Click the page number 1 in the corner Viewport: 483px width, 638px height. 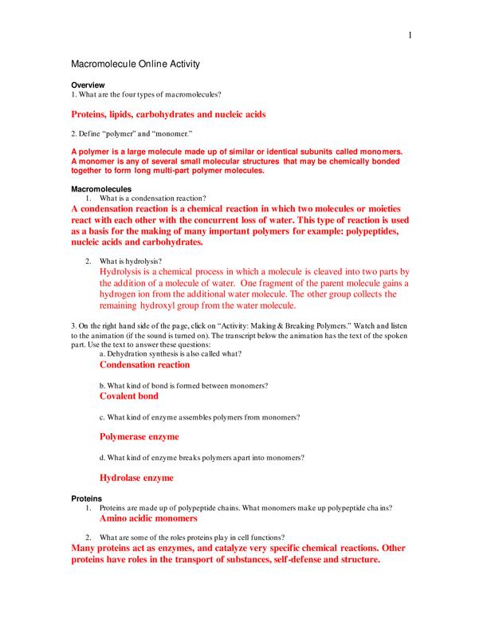(409, 36)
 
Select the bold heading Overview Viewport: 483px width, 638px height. (88, 85)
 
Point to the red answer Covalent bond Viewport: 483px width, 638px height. (128, 396)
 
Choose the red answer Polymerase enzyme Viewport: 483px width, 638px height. (139, 437)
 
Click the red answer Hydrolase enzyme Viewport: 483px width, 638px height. (136, 478)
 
